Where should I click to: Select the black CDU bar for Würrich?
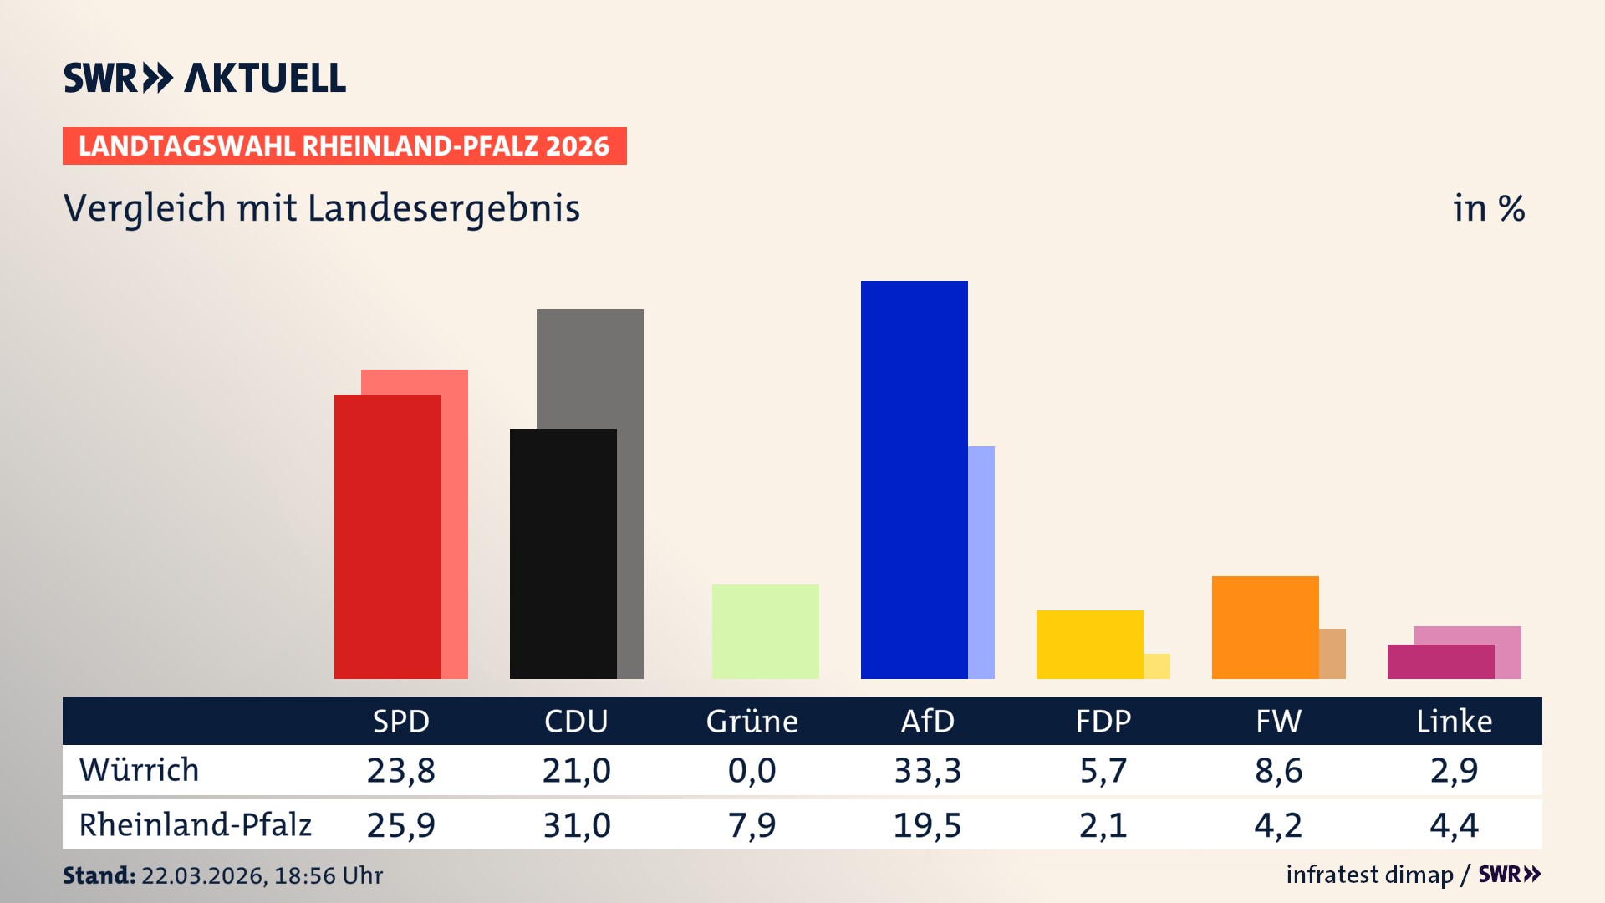(563, 554)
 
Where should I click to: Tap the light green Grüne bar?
(765, 631)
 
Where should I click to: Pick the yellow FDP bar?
(1089, 644)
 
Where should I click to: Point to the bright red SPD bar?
(387, 536)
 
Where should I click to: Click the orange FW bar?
(1265, 627)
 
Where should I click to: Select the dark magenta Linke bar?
(1440, 661)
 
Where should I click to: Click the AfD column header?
(927, 721)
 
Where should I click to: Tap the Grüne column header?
(752, 721)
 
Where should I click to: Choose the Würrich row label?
(140, 770)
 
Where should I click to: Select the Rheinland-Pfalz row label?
(195, 824)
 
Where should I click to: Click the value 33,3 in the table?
(927, 770)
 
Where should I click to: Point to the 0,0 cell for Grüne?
(752, 770)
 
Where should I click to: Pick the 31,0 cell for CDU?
(576, 825)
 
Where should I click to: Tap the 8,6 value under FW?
(1278, 770)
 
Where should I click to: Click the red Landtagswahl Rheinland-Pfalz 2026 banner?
(344, 146)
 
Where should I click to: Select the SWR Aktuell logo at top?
(205, 78)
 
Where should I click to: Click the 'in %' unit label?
(1488, 208)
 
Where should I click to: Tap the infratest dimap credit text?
(1369, 875)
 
